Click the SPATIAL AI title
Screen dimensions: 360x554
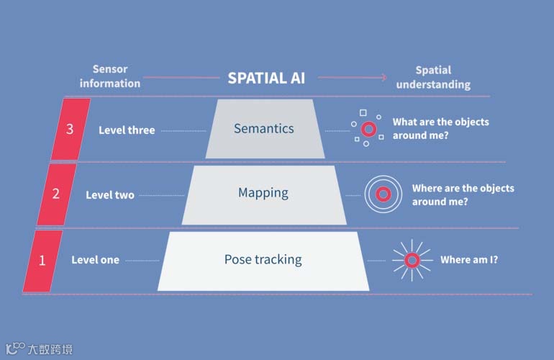tap(266, 78)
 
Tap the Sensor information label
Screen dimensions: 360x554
tap(110, 76)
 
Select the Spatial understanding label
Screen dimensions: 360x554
tap(433, 77)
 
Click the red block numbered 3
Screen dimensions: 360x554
tap(70, 130)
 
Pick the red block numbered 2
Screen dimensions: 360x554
tap(55, 194)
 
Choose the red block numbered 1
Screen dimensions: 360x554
tap(42, 260)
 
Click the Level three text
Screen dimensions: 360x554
tap(127, 130)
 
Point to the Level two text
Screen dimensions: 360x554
tap(110, 194)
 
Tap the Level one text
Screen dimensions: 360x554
tap(95, 260)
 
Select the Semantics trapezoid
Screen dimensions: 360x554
tap(264, 129)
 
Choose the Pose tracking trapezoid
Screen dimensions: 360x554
tap(263, 260)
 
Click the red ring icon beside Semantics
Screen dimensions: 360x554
tap(369, 129)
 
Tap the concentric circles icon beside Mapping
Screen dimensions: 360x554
tap(383, 194)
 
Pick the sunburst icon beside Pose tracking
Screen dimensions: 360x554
tap(412, 260)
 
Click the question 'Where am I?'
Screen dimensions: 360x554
tap(468, 260)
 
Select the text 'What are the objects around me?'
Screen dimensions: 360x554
tap(440, 129)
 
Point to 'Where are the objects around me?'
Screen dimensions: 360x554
tap(463, 194)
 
